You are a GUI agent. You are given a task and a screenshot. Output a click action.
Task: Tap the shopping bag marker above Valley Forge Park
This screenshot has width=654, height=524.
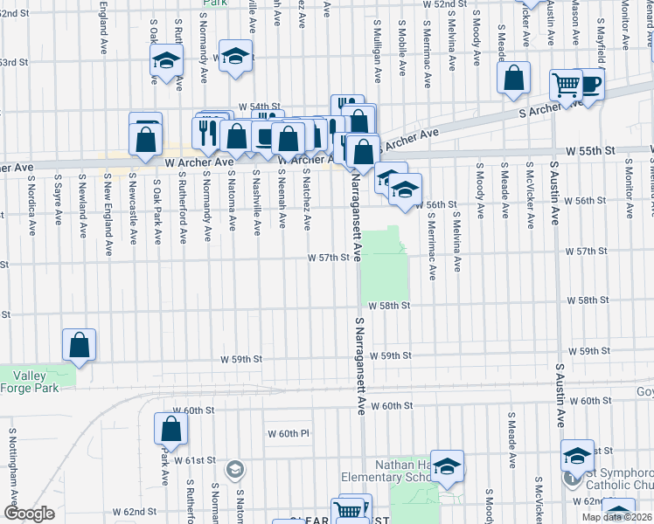point(80,345)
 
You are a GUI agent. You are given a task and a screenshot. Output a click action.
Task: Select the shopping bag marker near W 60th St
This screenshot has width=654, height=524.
point(170,429)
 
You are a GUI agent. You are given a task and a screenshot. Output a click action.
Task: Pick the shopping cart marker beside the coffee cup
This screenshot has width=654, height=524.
point(566,86)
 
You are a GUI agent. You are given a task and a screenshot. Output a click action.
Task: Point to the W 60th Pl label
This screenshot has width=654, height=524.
point(289,433)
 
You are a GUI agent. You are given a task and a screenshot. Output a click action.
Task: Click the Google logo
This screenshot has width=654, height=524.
point(29,514)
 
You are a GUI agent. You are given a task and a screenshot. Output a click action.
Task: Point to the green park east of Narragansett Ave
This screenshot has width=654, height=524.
point(386,266)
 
